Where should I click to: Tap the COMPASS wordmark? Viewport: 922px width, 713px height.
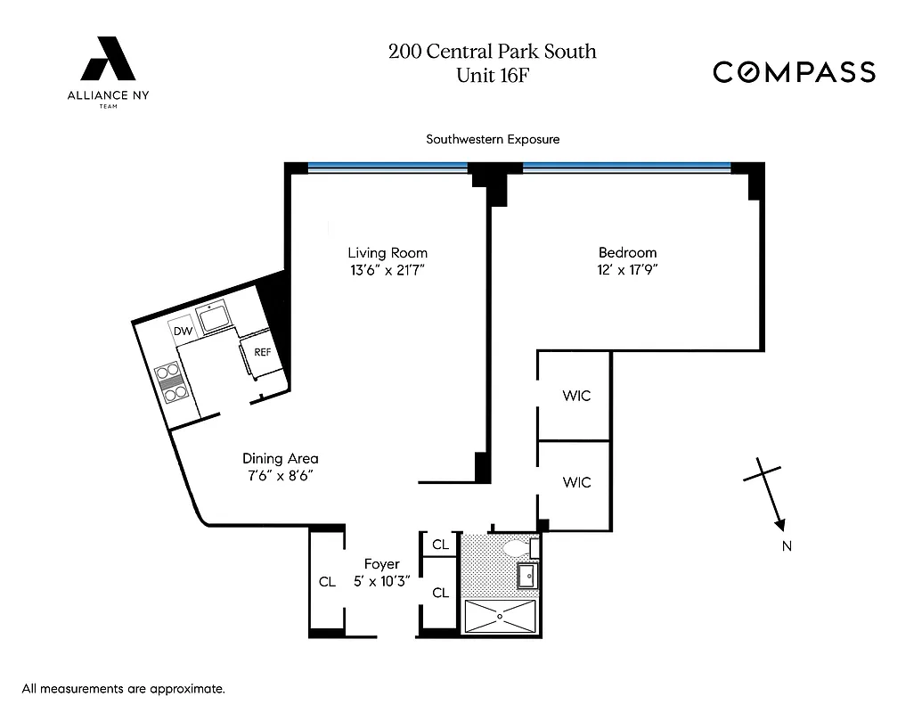tap(794, 72)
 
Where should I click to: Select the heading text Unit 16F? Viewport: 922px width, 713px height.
tap(492, 75)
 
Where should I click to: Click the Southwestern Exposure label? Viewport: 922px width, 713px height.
tap(492, 139)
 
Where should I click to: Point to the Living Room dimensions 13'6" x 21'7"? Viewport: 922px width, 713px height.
tap(388, 270)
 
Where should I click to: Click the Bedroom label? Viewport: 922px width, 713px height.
tap(627, 252)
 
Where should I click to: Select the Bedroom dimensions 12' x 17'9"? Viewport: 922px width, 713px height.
tap(627, 270)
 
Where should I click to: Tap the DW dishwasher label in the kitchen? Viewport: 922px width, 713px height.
tap(184, 332)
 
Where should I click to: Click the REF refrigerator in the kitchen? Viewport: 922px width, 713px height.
tap(262, 352)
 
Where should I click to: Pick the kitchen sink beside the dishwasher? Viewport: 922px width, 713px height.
tap(215, 318)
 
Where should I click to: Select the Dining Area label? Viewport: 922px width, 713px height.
tap(280, 458)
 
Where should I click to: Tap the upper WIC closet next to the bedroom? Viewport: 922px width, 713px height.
tap(576, 396)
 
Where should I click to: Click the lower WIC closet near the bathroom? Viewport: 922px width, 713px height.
tap(576, 482)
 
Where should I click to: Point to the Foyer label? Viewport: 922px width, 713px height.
tap(381, 564)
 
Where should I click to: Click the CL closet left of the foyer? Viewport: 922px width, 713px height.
tap(327, 581)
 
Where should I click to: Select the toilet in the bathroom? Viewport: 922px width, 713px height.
tap(516, 548)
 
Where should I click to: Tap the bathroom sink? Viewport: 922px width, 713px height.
tap(527, 577)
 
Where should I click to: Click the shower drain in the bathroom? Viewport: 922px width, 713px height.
tap(500, 616)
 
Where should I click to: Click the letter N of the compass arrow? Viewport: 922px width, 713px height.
tap(787, 546)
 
